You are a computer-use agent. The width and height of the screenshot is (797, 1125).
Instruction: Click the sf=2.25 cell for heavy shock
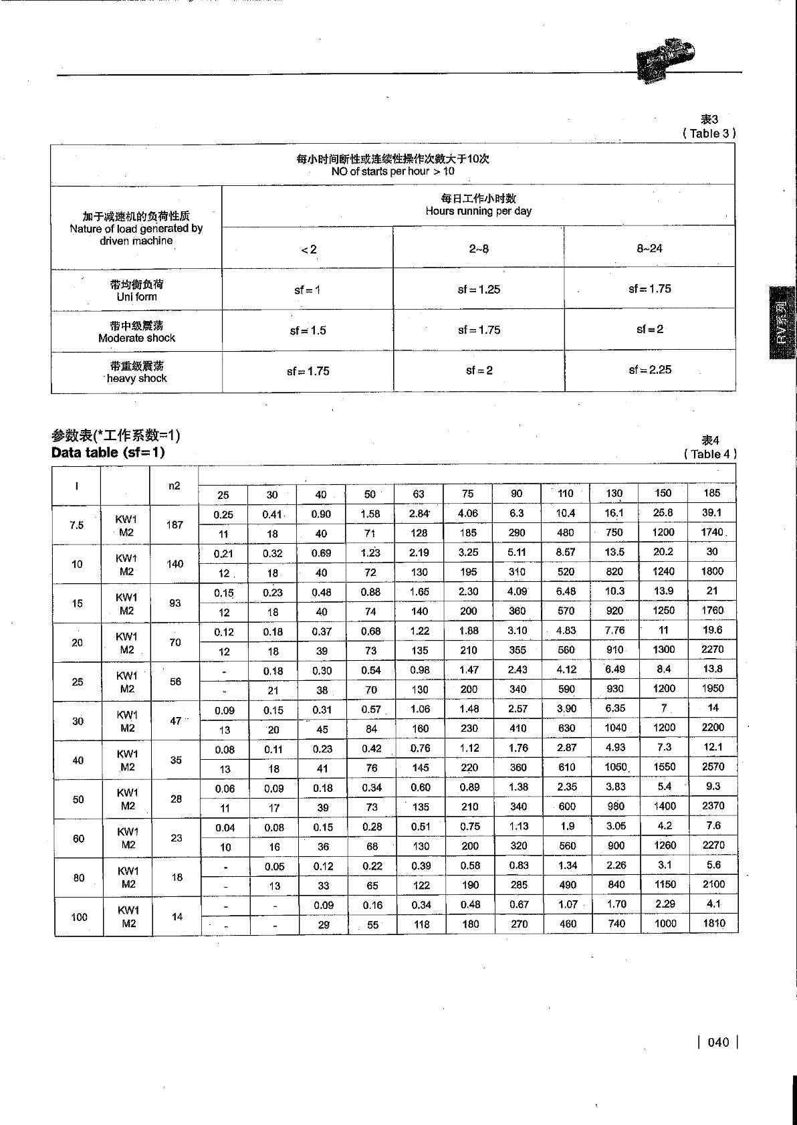650,370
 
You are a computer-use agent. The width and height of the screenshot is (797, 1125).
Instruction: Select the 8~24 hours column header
649,249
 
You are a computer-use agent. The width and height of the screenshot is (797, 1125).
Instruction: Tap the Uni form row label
136,291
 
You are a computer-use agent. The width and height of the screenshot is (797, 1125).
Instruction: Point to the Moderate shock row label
136,332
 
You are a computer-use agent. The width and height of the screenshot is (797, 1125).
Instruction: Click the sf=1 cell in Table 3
307,290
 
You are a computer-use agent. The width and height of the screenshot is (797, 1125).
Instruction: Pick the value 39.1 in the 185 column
711,512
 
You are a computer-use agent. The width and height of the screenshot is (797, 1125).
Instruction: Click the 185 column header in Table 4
711,493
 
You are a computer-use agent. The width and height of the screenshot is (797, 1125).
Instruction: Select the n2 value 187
175,524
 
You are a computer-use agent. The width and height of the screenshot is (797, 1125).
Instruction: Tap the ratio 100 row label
79,917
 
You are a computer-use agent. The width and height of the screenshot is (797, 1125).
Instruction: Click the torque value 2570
713,766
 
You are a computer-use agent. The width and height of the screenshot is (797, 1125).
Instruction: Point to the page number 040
718,1042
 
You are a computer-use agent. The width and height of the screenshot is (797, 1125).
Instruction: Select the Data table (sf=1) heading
108,452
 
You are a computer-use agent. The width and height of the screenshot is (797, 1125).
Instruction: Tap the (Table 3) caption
709,133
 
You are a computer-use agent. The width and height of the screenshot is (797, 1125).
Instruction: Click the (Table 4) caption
710,454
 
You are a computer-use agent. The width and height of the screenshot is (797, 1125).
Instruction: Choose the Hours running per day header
478,205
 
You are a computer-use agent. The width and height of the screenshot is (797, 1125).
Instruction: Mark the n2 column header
174,486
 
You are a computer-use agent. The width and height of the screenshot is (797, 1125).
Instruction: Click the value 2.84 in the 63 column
419,513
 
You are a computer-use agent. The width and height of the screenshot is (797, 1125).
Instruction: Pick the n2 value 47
176,721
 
